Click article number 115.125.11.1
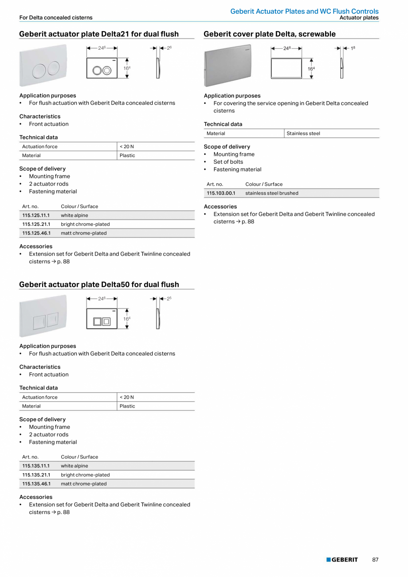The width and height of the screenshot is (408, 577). pyautogui.click(x=36, y=215)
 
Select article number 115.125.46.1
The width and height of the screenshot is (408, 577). pyautogui.click(x=36, y=233)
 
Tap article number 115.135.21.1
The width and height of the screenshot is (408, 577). pyautogui.click(x=36, y=475)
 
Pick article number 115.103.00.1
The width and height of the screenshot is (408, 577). pyautogui.click(x=221, y=193)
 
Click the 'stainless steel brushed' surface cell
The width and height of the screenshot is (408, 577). pyautogui.click(x=272, y=193)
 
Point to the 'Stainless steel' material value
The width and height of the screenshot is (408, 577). pyautogui.click(x=303, y=134)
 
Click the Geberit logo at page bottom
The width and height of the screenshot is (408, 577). pyautogui.click(x=342, y=560)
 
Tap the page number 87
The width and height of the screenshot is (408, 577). pyautogui.click(x=375, y=560)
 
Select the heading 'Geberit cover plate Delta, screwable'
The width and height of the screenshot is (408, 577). pyautogui.click(x=270, y=34)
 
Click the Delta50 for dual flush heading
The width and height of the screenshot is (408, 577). pyautogui.click(x=99, y=285)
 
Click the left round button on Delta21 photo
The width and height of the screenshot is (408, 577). pyautogui.click(x=39, y=70)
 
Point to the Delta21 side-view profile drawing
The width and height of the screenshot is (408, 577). pyautogui.click(x=158, y=68)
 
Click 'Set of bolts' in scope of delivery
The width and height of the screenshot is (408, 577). pyautogui.click(x=228, y=162)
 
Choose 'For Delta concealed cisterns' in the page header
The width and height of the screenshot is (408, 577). pyautogui.click(x=56, y=18)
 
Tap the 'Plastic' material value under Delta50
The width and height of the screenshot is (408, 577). pyautogui.click(x=127, y=406)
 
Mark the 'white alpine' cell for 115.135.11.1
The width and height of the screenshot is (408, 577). pyautogui.click(x=75, y=466)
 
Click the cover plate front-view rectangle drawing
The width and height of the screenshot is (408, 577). pyautogui.click(x=286, y=68)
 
